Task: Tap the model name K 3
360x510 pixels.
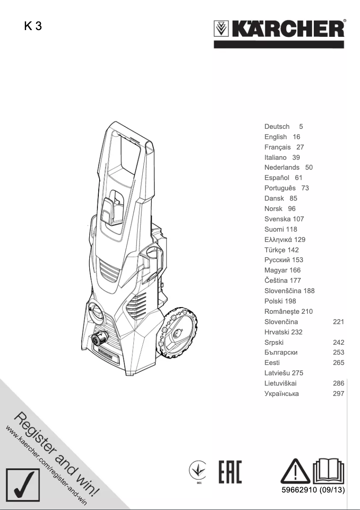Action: pos(33,26)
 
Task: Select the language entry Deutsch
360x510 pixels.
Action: pos(277,127)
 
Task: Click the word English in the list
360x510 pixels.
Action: pos(276,137)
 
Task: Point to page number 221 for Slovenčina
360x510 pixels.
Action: pos(338,322)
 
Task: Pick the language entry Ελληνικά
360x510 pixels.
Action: pos(278,240)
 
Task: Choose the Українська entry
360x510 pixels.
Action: pos(281,394)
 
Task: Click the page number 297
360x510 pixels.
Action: pos(338,394)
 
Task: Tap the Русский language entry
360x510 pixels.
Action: pos(277,260)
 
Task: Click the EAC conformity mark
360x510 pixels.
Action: pos(230,472)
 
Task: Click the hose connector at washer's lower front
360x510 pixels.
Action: pos(100,340)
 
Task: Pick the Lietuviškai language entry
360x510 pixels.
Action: pos(281,383)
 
